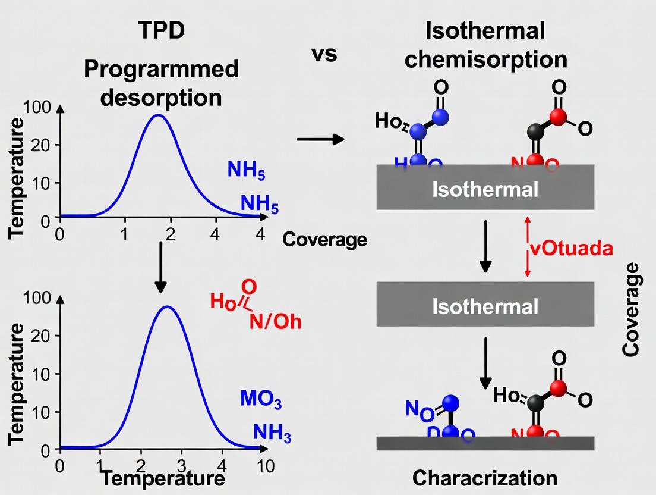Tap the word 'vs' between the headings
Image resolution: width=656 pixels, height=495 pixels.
(x=324, y=54)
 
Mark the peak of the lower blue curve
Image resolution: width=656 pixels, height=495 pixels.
(x=168, y=307)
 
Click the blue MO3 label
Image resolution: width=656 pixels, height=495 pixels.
(x=261, y=399)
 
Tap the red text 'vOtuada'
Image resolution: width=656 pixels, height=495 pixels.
(x=570, y=248)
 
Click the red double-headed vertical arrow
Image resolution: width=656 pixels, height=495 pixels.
(x=526, y=246)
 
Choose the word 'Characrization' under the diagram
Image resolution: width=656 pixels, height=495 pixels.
(x=485, y=478)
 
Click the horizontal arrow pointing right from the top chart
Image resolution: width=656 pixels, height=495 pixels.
(x=320, y=140)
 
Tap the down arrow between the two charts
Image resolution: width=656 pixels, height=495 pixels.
(x=160, y=267)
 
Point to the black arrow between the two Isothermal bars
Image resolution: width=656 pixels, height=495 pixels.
(x=485, y=246)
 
